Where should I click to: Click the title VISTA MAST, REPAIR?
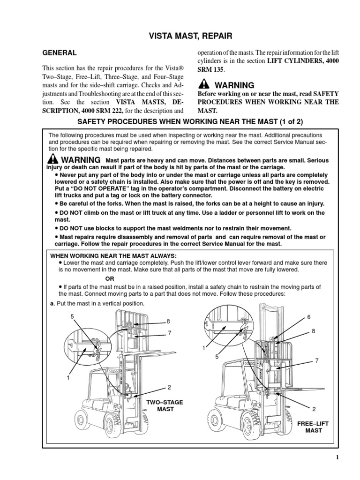[x=180, y=35]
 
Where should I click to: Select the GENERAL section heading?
[x=60, y=53]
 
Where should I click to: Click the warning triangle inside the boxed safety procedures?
[x=52, y=159]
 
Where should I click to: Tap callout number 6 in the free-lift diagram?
[x=309, y=317]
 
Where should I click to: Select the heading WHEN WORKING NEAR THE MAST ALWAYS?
[x=113, y=255]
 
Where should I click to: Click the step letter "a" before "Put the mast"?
[x=52, y=303]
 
